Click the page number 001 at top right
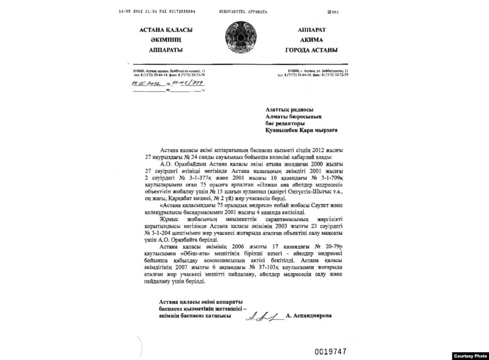click(x=333, y=12)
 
